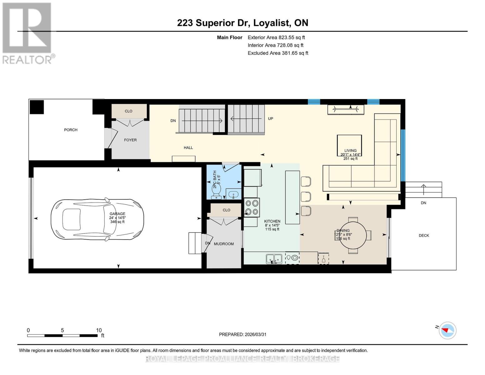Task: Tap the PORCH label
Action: click(x=71, y=130)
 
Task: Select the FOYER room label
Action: click(x=130, y=140)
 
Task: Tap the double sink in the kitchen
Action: click(x=274, y=259)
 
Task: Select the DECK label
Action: click(x=424, y=236)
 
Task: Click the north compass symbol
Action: click(x=447, y=330)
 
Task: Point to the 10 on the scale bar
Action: click(x=99, y=330)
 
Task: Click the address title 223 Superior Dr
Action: click(x=242, y=23)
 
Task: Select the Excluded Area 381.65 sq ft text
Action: click(x=278, y=53)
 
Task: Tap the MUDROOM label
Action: click(x=224, y=244)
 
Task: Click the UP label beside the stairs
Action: click(x=270, y=119)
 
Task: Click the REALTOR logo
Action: click(x=27, y=33)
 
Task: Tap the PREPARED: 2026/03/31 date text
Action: click(x=242, y=334)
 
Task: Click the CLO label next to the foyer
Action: click(x=128, y=111)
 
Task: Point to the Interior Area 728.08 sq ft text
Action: click(x=275, y=45)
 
